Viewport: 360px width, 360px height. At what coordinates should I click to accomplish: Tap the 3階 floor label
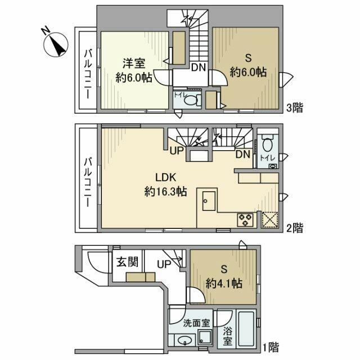[x=295, y=107]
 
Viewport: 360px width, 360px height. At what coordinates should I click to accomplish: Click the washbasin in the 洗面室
[x=184, y=339]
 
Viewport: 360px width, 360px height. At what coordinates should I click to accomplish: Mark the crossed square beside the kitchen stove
[x=269, y=219]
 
